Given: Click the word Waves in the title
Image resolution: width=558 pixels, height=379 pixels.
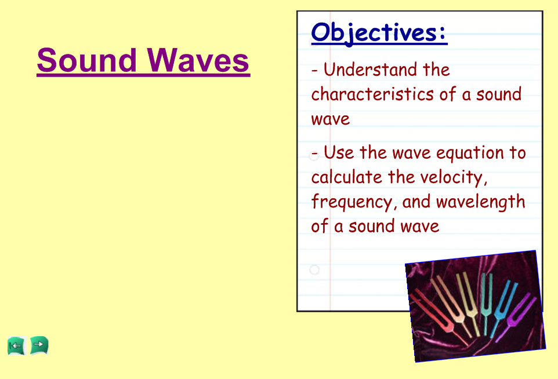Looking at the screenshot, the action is [198, 60].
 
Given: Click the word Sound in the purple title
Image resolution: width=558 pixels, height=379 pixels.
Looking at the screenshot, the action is [87, 60].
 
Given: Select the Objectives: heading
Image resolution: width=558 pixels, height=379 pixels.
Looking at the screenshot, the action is [379, 33].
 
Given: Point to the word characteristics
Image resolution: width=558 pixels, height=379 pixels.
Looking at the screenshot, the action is [372, 94].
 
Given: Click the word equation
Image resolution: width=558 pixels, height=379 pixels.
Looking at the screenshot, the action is [470, 154].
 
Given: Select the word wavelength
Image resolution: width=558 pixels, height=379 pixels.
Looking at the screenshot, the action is [481, 202].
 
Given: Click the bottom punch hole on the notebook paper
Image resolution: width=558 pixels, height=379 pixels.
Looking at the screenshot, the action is [314, 269].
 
